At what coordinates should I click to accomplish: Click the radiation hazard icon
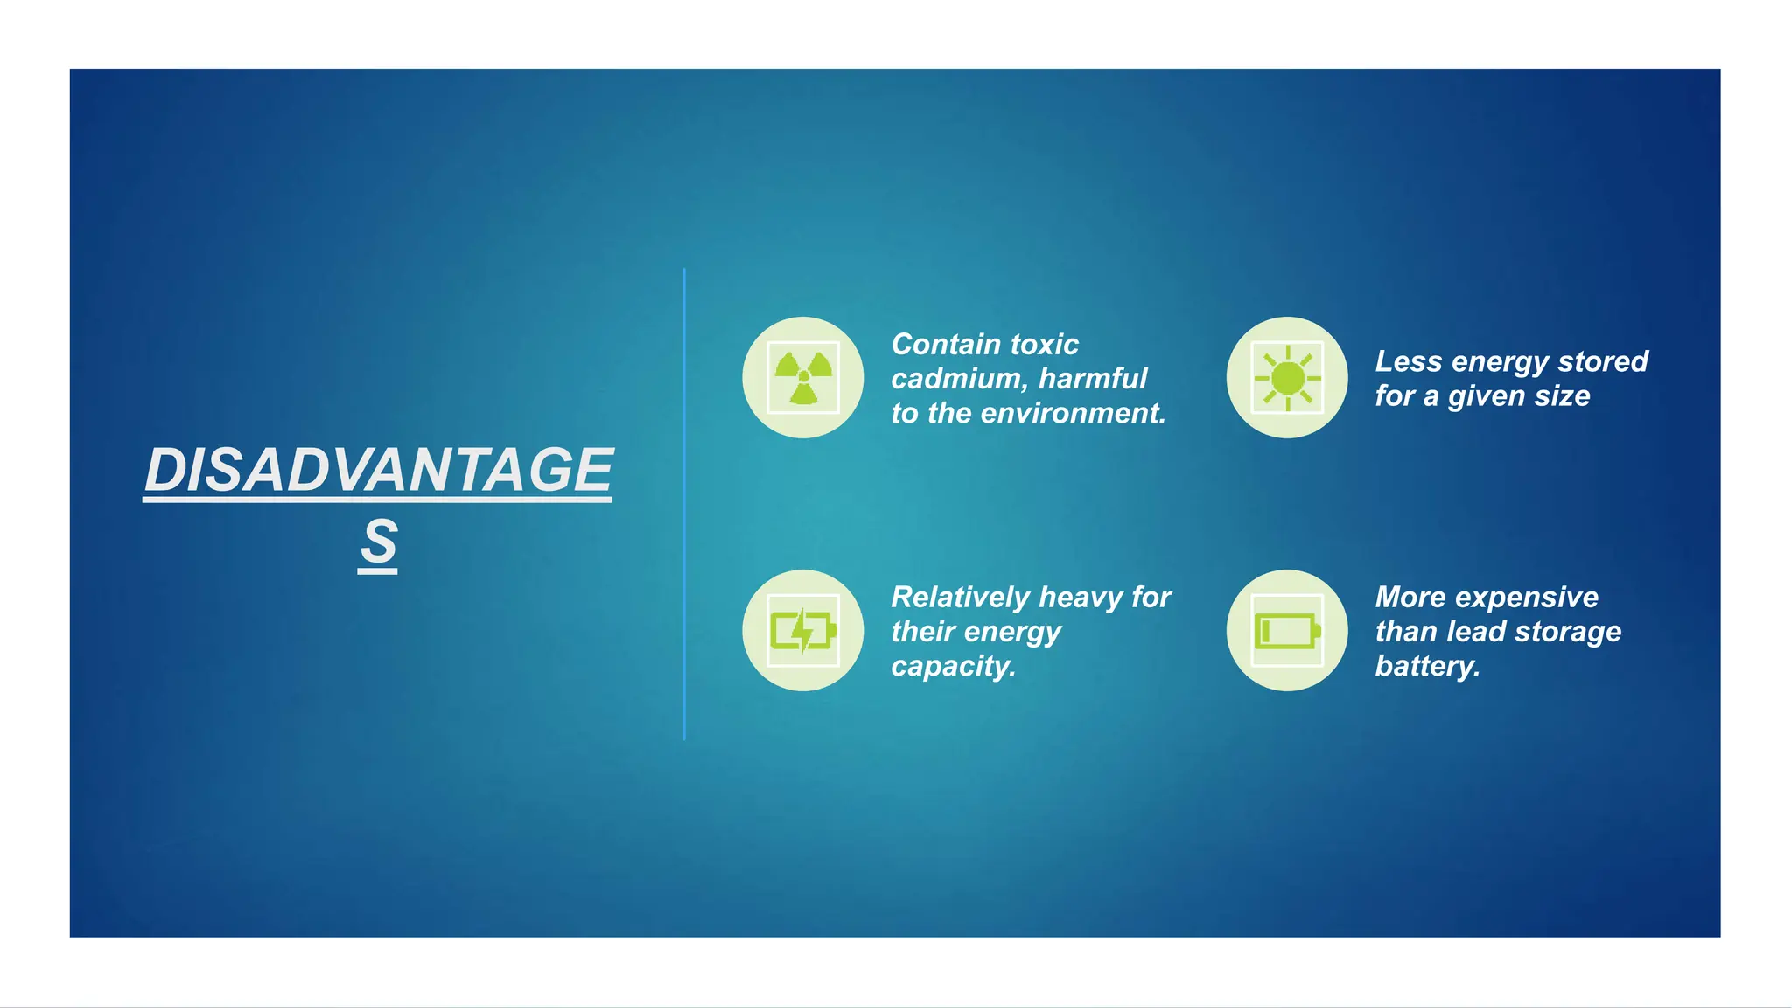803,377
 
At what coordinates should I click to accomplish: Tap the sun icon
1287,378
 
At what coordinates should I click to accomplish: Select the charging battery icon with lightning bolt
803,630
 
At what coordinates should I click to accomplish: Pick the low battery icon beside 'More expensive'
1287,630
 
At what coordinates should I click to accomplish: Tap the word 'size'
1562,395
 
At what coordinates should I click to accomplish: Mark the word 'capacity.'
953,666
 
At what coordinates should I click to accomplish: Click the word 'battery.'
1427,666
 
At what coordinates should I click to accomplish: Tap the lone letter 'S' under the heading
378,542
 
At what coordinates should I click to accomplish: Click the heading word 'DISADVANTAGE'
378,470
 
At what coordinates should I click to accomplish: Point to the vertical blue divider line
684,504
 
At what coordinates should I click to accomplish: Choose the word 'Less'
1408,361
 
